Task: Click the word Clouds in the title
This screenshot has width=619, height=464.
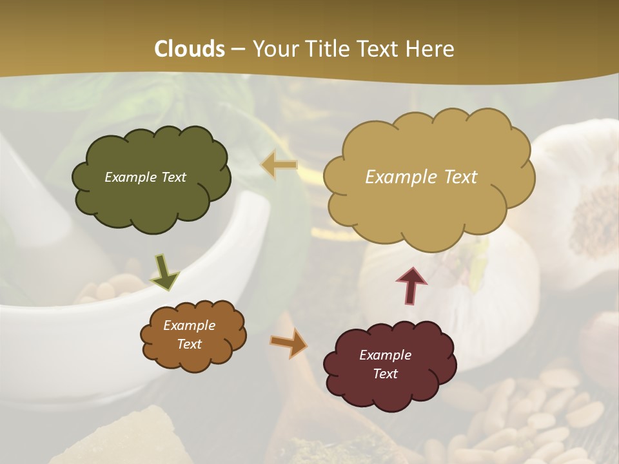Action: (190, 49)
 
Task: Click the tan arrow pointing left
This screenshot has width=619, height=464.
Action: (279, 165)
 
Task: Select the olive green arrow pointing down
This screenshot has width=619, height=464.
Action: (164, 273)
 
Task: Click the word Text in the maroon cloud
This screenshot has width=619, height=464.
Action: (385, 374)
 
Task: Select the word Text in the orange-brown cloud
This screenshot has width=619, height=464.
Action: (190, 344)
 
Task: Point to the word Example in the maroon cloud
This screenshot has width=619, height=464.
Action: (385, 355)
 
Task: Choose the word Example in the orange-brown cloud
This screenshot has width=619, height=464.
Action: (190, 325)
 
